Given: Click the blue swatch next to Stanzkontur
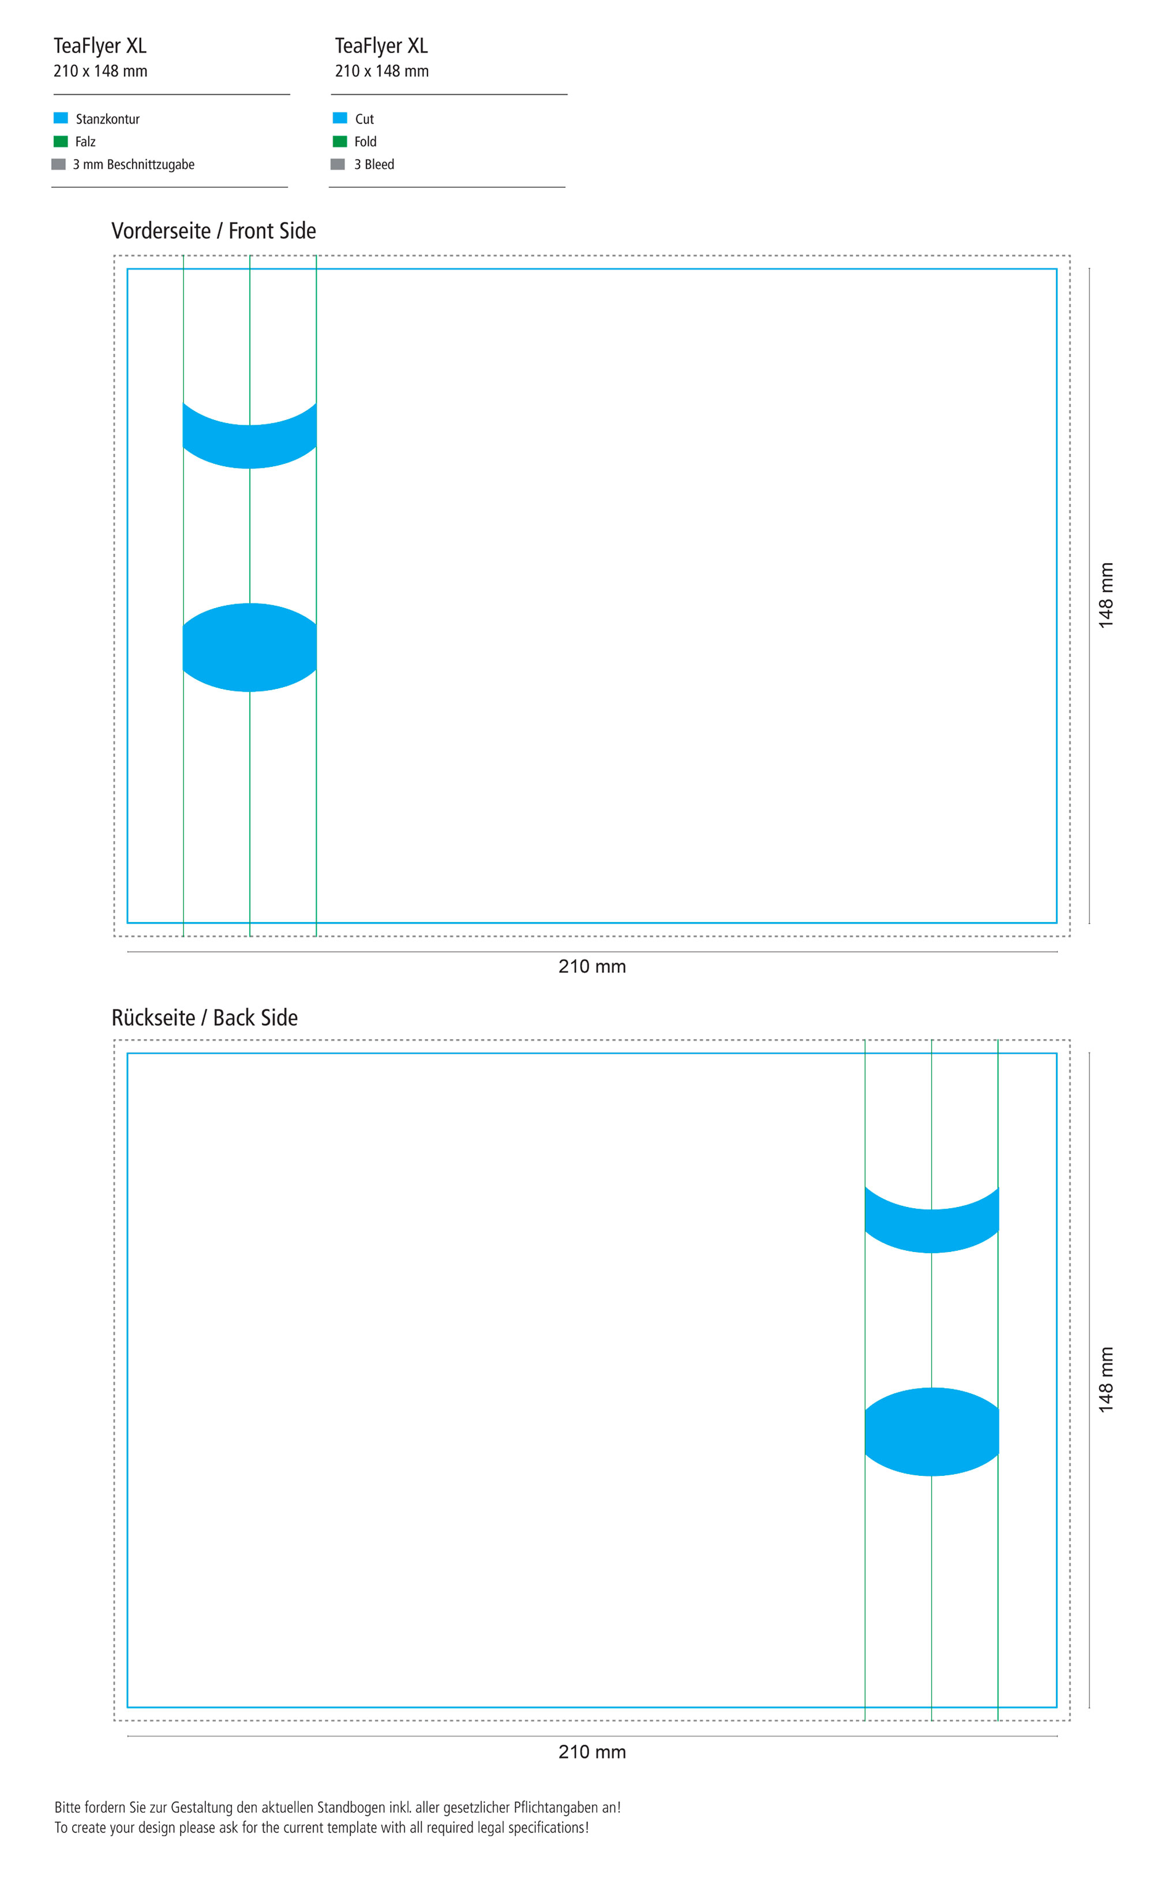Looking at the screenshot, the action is [x=60, y=118].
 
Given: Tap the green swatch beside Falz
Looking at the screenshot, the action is [x=60, y=141].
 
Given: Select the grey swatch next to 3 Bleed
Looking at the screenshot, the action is [x=338, y=164].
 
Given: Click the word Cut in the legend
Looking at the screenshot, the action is [x=364, y=119].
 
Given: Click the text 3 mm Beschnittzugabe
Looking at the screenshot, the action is [x=133, y=164].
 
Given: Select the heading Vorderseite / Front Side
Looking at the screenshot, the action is [x=213, y=230].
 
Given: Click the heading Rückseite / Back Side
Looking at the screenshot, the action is [x=204, y=1017].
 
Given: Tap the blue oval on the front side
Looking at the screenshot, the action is [x=250, y=647].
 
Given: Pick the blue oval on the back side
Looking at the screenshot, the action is [x=931, y=1431].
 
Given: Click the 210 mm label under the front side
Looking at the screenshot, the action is [x=592, y=966].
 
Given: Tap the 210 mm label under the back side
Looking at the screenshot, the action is [x=592, y=1751].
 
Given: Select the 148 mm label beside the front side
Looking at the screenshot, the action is [x=1106, y=596].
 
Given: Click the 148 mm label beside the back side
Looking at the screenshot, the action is [x=1106, y=1380].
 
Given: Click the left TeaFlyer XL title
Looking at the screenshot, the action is [x=100, y=46].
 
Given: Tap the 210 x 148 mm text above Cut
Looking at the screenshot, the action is [x=381, y=71].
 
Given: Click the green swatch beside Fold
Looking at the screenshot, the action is [x=340, y=141].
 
